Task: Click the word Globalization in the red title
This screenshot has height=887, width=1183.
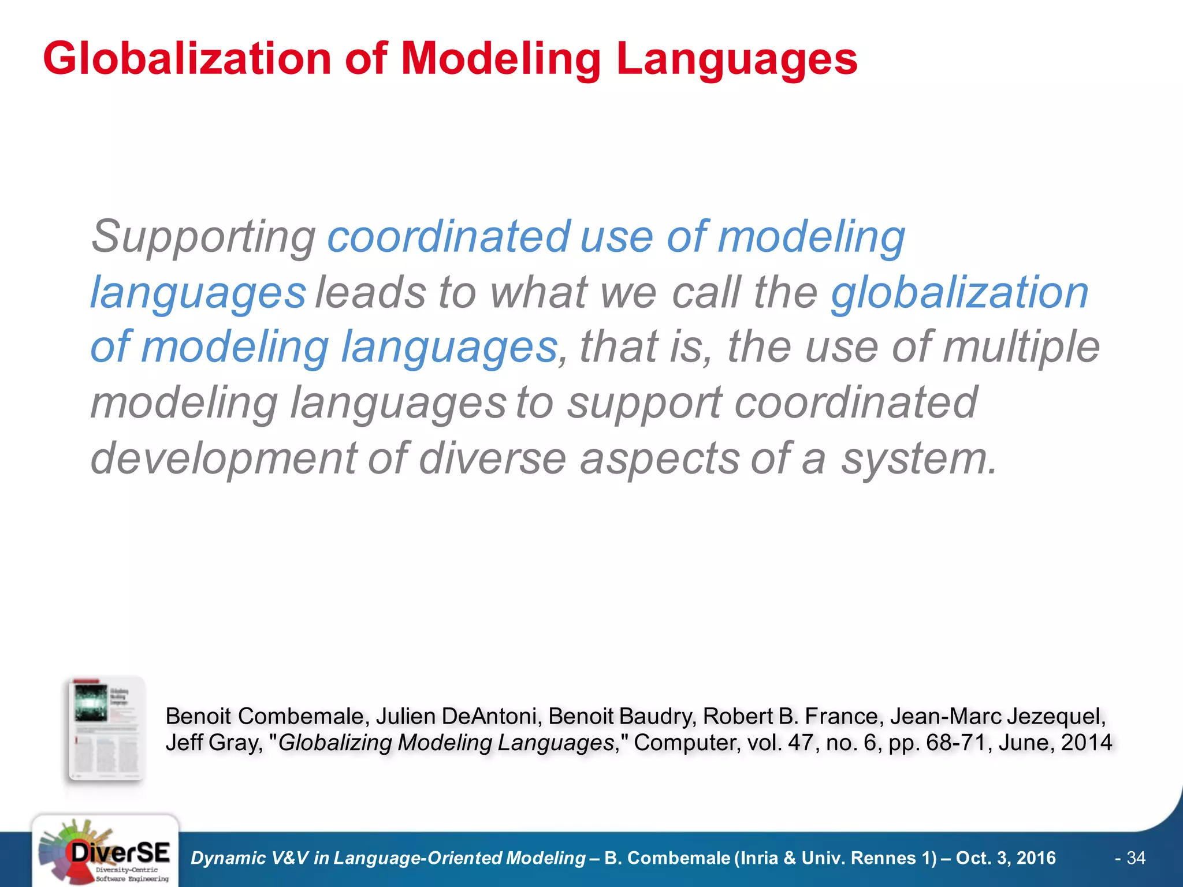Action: pyautogui.click(x=187, y=59)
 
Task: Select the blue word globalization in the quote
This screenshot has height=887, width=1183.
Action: pyautogui.click(x=959, y=293)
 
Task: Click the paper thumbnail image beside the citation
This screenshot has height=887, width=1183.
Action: pyautogui.click(x=106, y=729)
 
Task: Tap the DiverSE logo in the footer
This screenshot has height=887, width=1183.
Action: pyautogui.click(x=105, y=852)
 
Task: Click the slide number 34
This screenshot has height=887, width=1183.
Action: pyautogui.click(x=1136, y=858)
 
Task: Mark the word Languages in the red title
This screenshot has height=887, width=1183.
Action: pyautogui.click(x=736, y=59)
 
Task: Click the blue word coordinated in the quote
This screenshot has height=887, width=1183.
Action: pyautogui.click(x=449, y=237)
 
